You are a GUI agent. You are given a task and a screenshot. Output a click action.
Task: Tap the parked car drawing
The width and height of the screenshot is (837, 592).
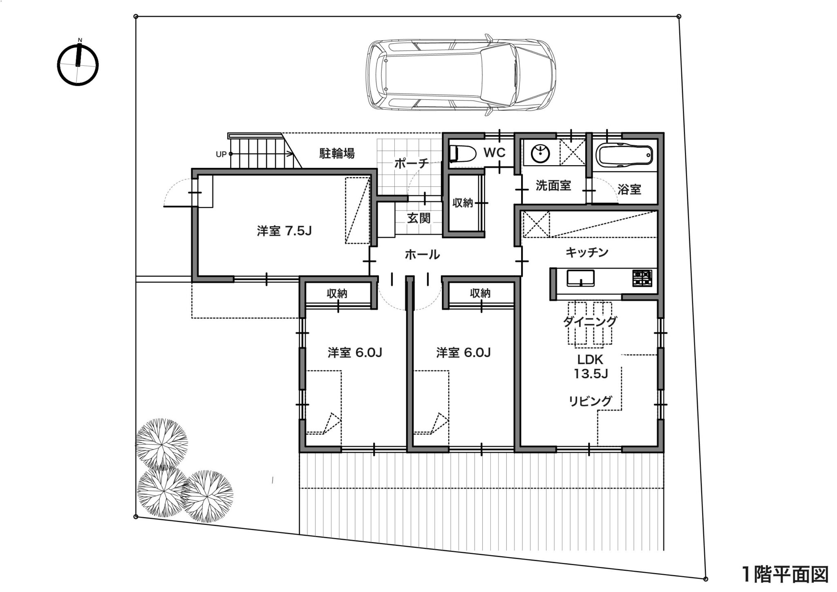point(461,75)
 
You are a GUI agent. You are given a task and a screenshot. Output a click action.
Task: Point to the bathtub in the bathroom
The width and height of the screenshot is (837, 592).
point(624,155)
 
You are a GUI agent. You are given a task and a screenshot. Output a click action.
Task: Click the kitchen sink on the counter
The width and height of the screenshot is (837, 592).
point(580,278)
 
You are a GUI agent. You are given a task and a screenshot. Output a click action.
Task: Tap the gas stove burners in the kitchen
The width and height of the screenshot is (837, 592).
point(642,278)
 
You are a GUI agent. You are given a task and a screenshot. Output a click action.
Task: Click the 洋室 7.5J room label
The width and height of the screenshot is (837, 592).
point(284,231)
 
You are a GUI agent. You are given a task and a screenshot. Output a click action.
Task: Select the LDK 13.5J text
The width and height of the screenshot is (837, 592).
point(591,366)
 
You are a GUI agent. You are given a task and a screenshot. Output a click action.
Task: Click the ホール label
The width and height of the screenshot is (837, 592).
point(422,255)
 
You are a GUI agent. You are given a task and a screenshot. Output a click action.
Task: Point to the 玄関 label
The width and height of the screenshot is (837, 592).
point(419,218)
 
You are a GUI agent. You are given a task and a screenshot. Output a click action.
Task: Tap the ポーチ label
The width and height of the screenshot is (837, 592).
point(412,164)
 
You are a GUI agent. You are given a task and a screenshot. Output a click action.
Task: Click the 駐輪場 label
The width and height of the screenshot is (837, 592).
point(337,153)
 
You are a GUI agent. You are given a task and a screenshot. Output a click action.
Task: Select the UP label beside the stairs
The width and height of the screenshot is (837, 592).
point(221,155)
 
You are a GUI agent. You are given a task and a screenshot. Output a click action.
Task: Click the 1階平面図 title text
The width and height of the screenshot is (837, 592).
point(785,574)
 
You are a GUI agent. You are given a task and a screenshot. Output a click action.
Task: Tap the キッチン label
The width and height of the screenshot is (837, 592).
point(587,252)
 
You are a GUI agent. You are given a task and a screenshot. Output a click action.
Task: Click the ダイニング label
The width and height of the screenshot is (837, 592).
point(590,321)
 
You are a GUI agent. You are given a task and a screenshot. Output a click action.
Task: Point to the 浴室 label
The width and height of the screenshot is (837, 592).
point(629,189)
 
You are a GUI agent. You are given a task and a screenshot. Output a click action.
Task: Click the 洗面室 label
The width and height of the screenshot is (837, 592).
point(553,186)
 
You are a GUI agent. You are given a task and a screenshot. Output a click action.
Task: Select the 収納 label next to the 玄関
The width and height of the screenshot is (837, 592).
point(463,203)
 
